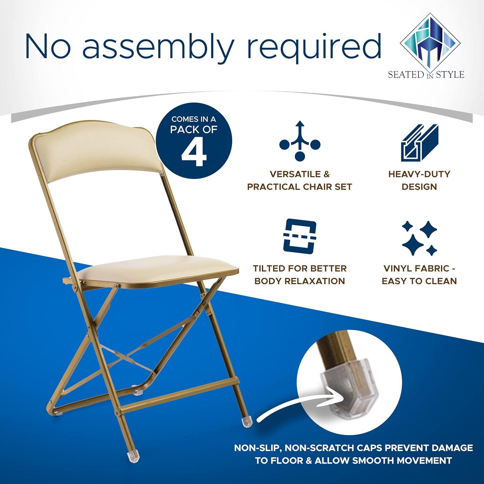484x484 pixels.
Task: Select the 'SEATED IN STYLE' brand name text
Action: [426, 75]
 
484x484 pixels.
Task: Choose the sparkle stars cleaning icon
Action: [419, 237]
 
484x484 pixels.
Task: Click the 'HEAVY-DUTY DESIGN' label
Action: [419, 180]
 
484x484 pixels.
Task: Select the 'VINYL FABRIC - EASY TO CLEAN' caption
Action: [419, 275]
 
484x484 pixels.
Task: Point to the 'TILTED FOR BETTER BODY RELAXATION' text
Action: [299, 275]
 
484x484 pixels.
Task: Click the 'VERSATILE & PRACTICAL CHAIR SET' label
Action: [299, 180]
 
